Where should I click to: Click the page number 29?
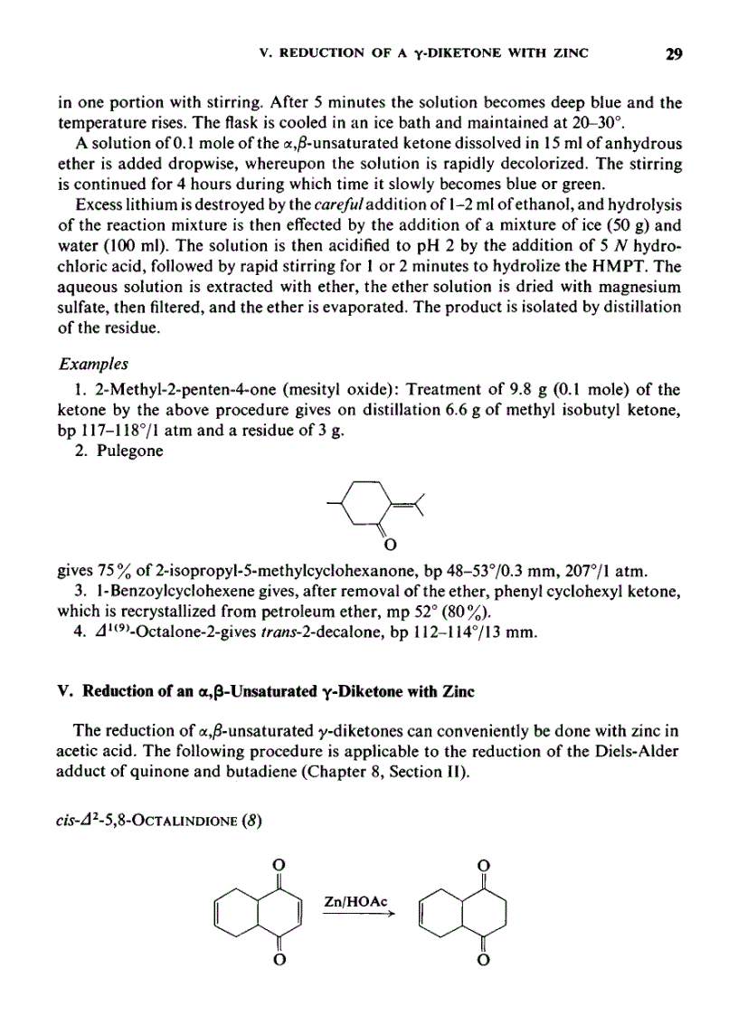click(x=673, y=53)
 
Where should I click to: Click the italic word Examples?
click(x=93, y=364)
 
